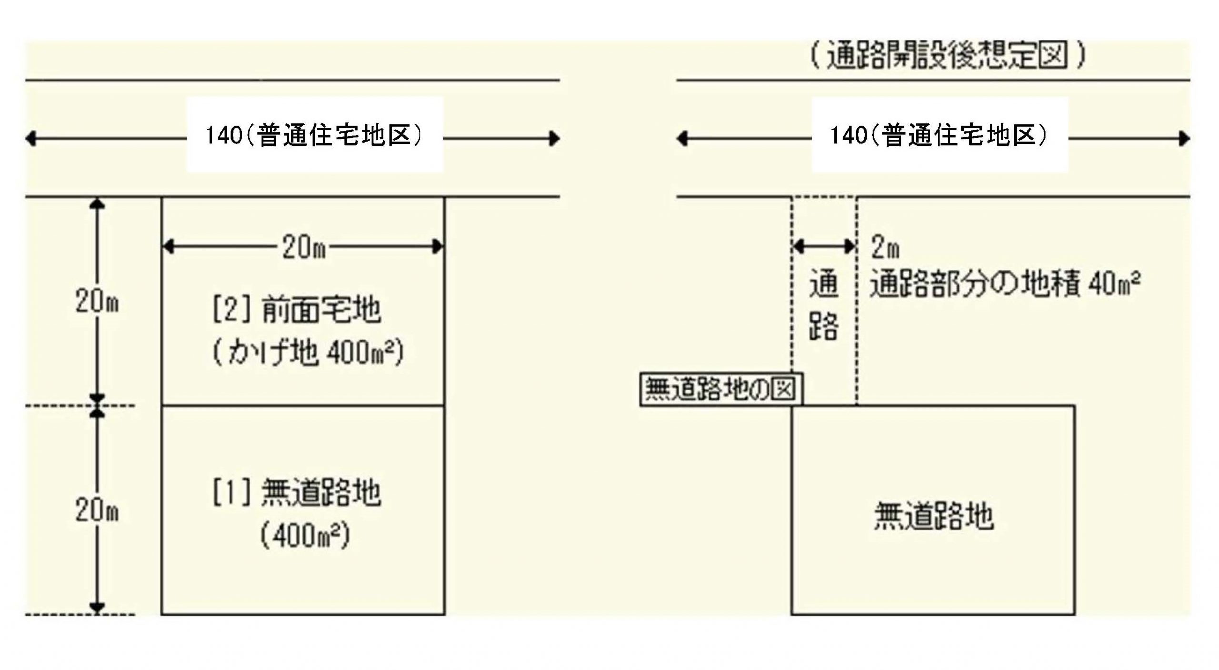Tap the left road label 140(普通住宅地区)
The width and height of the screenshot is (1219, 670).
[314, 137]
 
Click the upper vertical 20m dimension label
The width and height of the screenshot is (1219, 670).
[97, 302]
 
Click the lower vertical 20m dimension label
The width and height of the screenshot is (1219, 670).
[97, 511]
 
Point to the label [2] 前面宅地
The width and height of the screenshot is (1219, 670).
[296, 310]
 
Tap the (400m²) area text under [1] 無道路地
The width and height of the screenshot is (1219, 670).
[305, 536]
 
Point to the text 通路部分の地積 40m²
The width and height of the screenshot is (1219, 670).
[1005, 285]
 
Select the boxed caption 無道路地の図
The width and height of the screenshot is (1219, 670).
[720, 389]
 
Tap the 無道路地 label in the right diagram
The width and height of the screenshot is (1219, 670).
[934, 517]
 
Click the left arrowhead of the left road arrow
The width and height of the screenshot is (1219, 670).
[30, 139]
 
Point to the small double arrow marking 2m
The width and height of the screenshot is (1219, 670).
[824, 246]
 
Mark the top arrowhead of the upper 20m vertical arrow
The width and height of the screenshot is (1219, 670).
[97, 202]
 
